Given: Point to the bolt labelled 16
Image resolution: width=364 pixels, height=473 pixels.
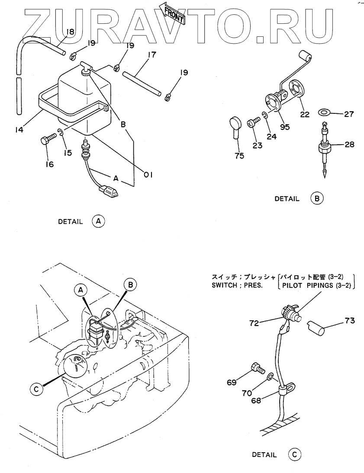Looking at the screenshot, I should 46,141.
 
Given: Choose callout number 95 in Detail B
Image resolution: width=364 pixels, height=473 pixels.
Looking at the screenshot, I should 284,127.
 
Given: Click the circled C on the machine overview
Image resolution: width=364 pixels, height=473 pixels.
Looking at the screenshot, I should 36,389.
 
